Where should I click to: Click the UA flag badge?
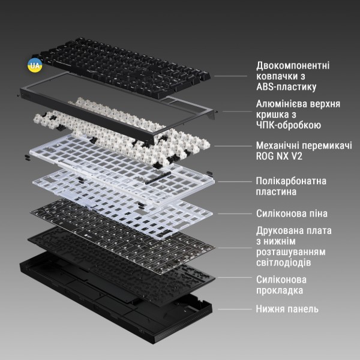pyautogui.click(x=35, y=65)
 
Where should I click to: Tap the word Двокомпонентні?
pyautogui.click(x=293, y=65)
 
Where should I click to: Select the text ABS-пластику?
pyautogui.click(x=286, y=87)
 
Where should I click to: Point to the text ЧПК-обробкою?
pyautogui.click(x=289, y=125)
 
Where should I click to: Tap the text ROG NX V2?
pyautogui.click(x=279, y=156)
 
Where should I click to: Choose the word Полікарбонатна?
pyautogui.click(x=291, y=181)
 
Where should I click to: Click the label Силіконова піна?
pyautogui.click(x=292, y=214)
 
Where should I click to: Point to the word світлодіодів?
pyautogui.click(x=284, y=262)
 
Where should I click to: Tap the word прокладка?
pyautogui.click(x=280, y=290)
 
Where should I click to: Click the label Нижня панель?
pyautogui.click(x=287, y=309)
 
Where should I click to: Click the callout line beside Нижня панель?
pyautogui.click(x=235, y=309)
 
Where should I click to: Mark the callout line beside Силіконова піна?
pyautogui.click(x=235, y=214)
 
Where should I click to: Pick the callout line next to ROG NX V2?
pyautogui.click(x=233, y=146)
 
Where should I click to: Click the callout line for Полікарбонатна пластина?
pyautogui.click(x=235, y=182)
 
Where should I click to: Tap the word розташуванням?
pyautogui.click(x=291, y=252)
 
